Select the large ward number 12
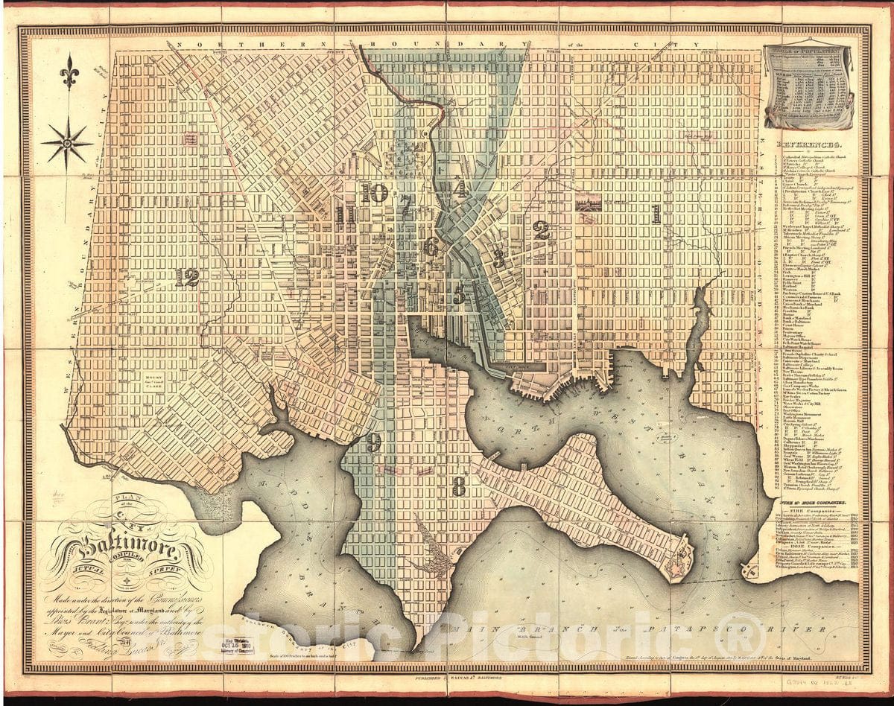(188, 277)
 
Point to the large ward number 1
(656, 214)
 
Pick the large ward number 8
(459, 487)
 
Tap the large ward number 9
(373, 442)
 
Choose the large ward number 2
(542, 231)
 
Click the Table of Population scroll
(808, 86)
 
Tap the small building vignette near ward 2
(589, 202)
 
